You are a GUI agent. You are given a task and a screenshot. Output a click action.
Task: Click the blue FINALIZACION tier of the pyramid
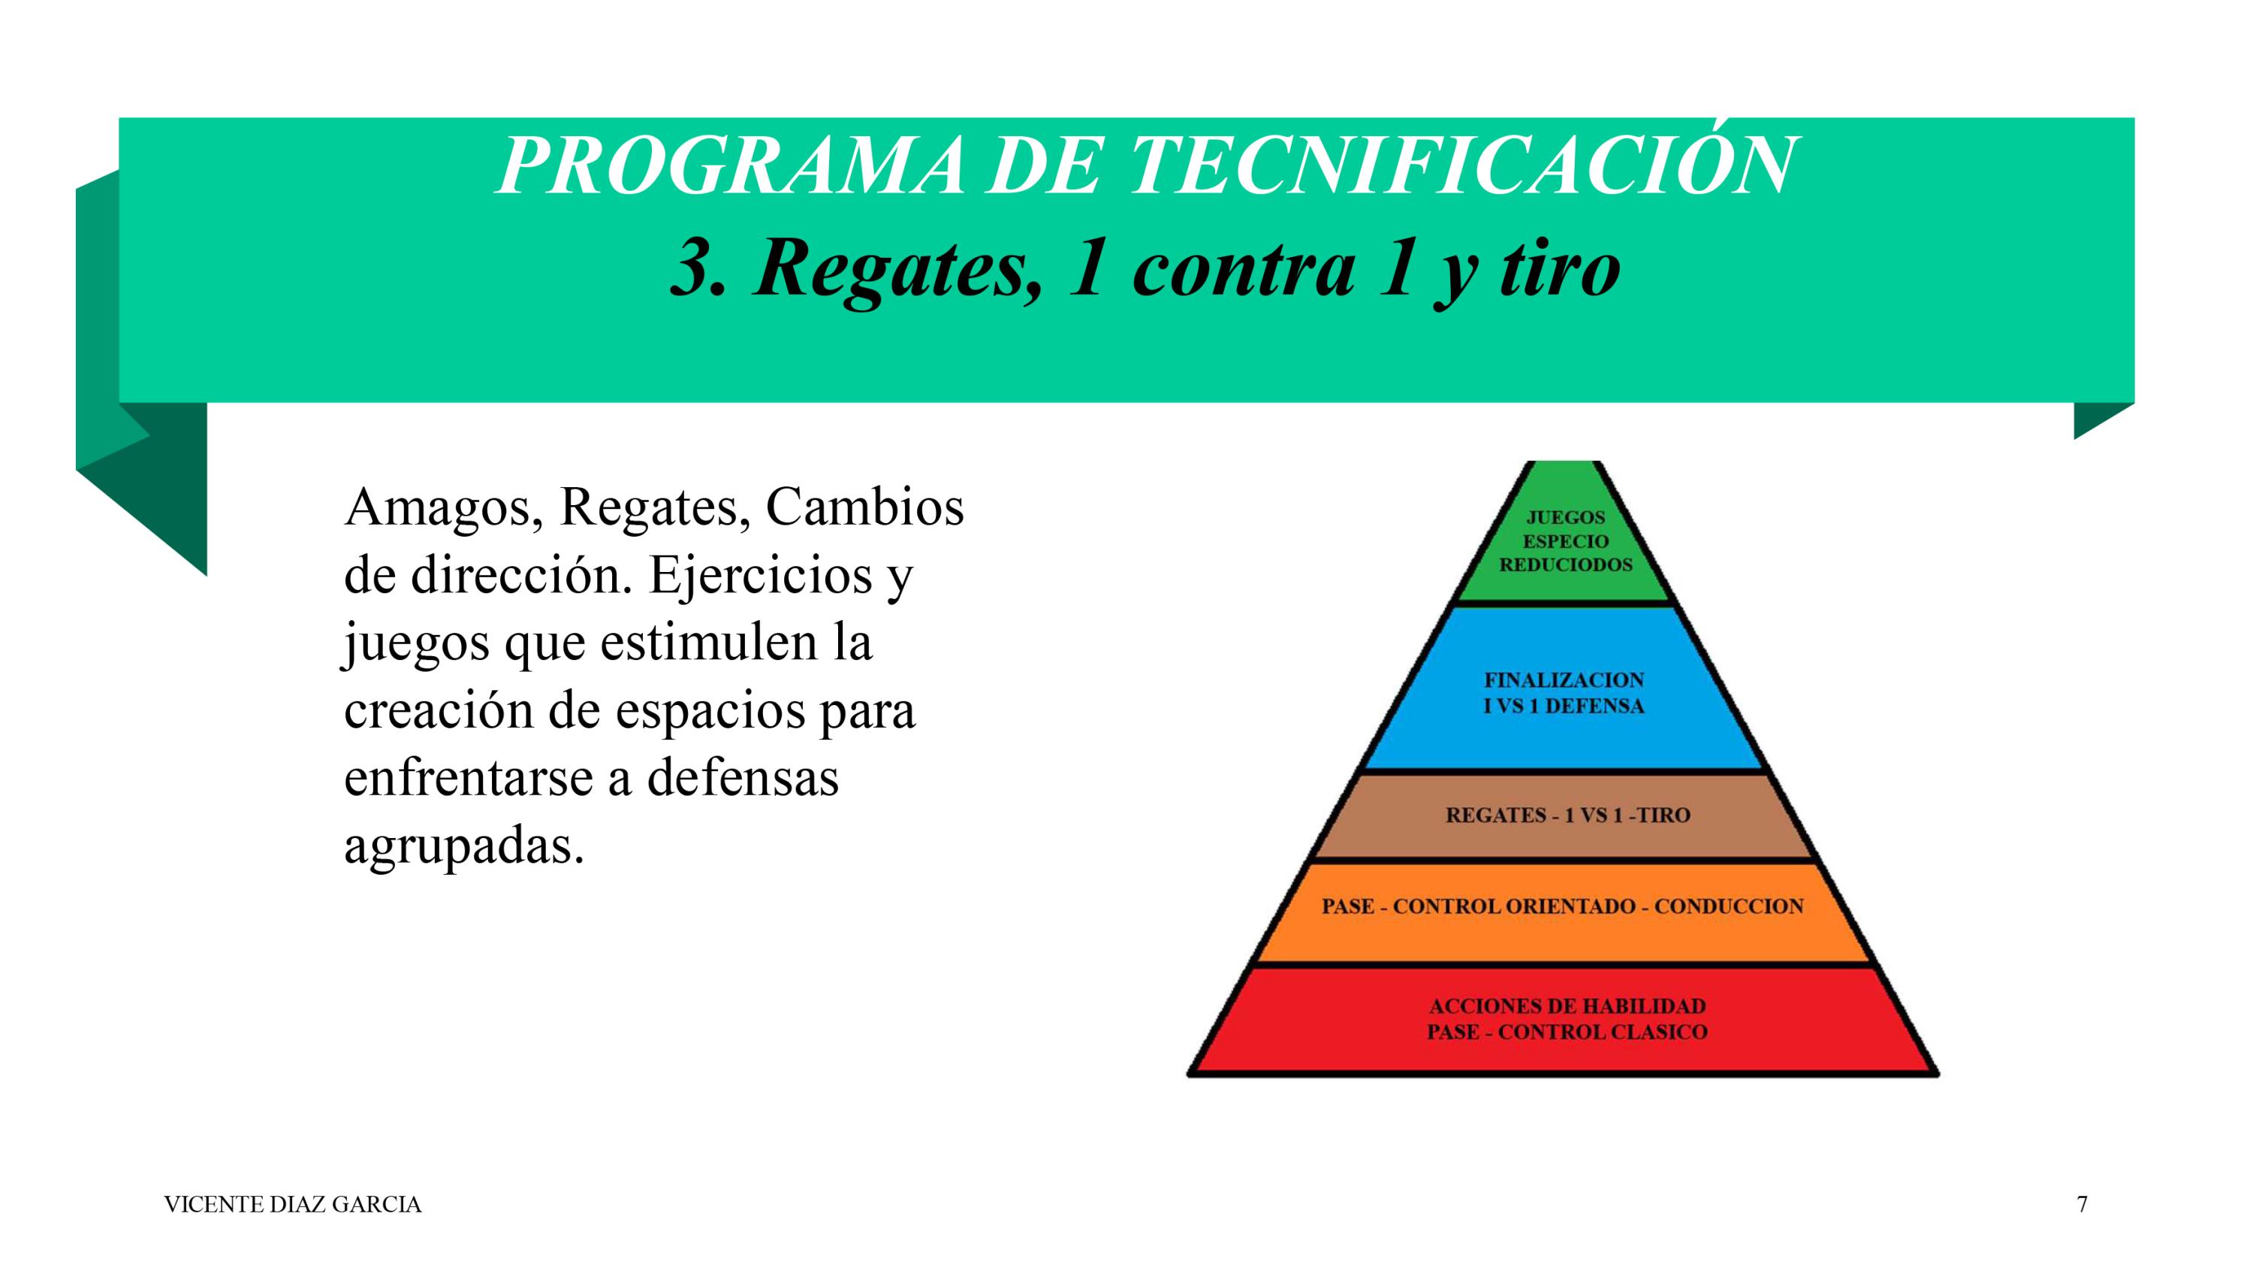[x=1564, y=688]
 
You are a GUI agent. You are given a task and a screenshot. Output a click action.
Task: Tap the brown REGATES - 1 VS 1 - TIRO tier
[x=1564, y=816]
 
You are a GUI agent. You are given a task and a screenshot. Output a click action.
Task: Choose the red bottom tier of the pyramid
[x=1564, y=1019]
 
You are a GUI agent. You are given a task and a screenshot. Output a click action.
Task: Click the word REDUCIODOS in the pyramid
[x=1566, y=564]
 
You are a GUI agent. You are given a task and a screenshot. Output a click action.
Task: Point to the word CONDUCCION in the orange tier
[x=1728, y=906]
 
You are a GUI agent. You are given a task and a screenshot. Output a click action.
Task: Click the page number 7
[x=2083, y=1205]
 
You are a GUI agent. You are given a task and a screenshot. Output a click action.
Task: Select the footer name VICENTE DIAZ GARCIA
[x=293, y=1205]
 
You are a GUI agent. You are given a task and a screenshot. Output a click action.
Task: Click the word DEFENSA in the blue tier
[x=1594, y=707]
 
